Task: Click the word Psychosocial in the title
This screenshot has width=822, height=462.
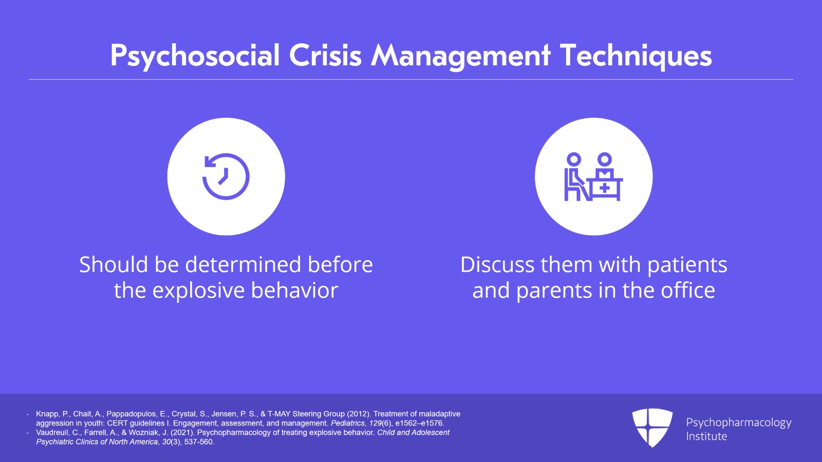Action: point(195,56)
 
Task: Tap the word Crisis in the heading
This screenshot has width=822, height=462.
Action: point(325,56)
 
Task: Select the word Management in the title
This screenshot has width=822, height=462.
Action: point(461,56)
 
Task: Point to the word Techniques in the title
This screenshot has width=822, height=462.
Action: point(636,56)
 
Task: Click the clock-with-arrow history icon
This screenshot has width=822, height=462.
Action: point(226,177)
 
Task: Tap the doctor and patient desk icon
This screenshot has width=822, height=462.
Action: point(593,177)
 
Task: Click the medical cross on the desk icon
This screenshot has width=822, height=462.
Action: point(605,188)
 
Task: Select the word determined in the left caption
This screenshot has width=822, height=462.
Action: point(243,265)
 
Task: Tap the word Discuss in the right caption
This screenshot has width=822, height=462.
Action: point(497,265)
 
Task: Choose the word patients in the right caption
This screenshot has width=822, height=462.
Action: point(687,265)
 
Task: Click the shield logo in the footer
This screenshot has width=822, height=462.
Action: point(652,427)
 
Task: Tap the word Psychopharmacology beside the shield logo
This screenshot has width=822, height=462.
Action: point(738,422)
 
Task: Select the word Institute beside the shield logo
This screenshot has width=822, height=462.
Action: point(706,436)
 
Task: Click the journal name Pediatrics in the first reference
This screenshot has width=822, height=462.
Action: point(348,423)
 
